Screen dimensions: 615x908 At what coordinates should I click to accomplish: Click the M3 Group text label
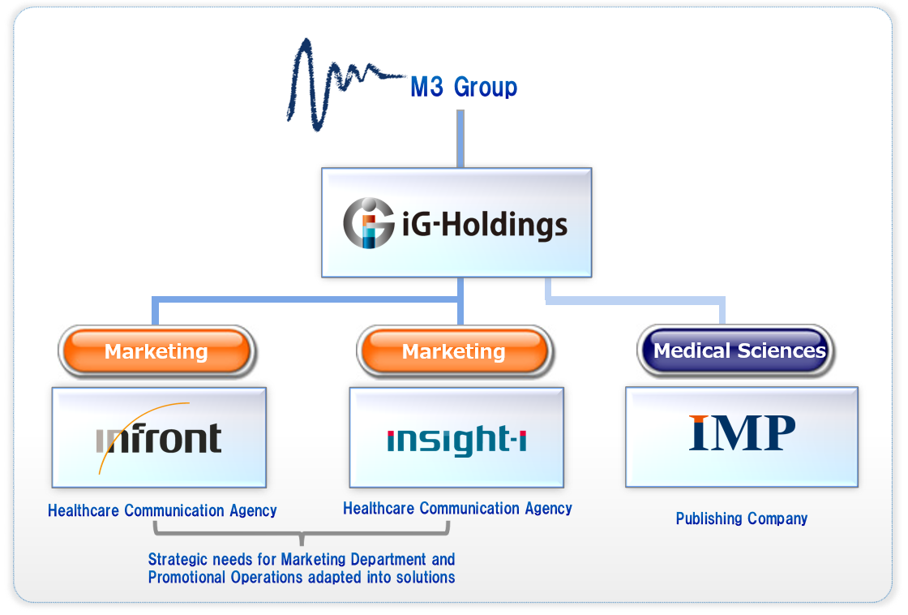click(464, 87)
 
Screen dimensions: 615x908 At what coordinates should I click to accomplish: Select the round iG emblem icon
click(369, 223)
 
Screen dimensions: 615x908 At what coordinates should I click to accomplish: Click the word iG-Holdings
click(485, 224)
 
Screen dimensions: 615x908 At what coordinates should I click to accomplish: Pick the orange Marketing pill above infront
click(156, 351)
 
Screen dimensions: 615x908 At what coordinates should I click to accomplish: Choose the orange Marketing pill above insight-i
click(454, 351)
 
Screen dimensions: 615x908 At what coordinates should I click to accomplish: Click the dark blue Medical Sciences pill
click(739, 351)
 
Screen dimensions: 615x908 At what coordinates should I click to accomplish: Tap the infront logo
click(159, 438)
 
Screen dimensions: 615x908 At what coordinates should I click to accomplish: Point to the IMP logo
click(742, 433)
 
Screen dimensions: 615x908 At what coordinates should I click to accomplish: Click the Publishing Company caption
click(742, 518)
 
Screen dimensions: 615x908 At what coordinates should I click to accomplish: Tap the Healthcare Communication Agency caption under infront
click(162, 510)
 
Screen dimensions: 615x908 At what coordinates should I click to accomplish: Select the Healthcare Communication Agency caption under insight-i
click(457, 509)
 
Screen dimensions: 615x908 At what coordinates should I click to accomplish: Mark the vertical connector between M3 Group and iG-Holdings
click(460, 138)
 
